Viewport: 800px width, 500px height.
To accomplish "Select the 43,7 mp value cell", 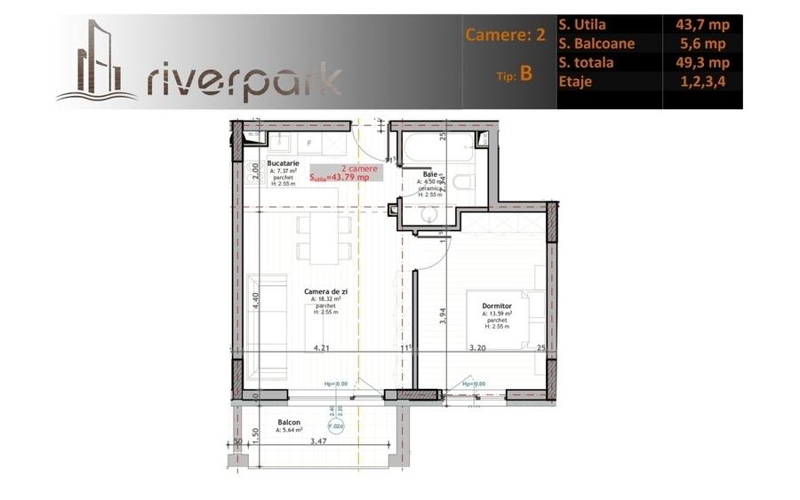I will coord(702,25).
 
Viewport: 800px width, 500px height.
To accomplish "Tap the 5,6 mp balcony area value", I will coord(702,44).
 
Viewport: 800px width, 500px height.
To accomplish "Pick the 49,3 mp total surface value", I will coord(702,63).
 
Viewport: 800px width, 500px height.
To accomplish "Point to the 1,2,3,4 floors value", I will coord(702,82).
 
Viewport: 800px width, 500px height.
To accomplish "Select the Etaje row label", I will coord(578,82).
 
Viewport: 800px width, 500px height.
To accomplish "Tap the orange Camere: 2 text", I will coord(504,36).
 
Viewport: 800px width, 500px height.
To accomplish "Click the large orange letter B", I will coord(526,74).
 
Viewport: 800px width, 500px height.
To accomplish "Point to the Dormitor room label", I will coord(496,305).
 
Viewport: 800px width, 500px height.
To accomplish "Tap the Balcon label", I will coord(289,422).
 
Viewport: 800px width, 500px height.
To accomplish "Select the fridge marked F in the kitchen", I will coord(309,143).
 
